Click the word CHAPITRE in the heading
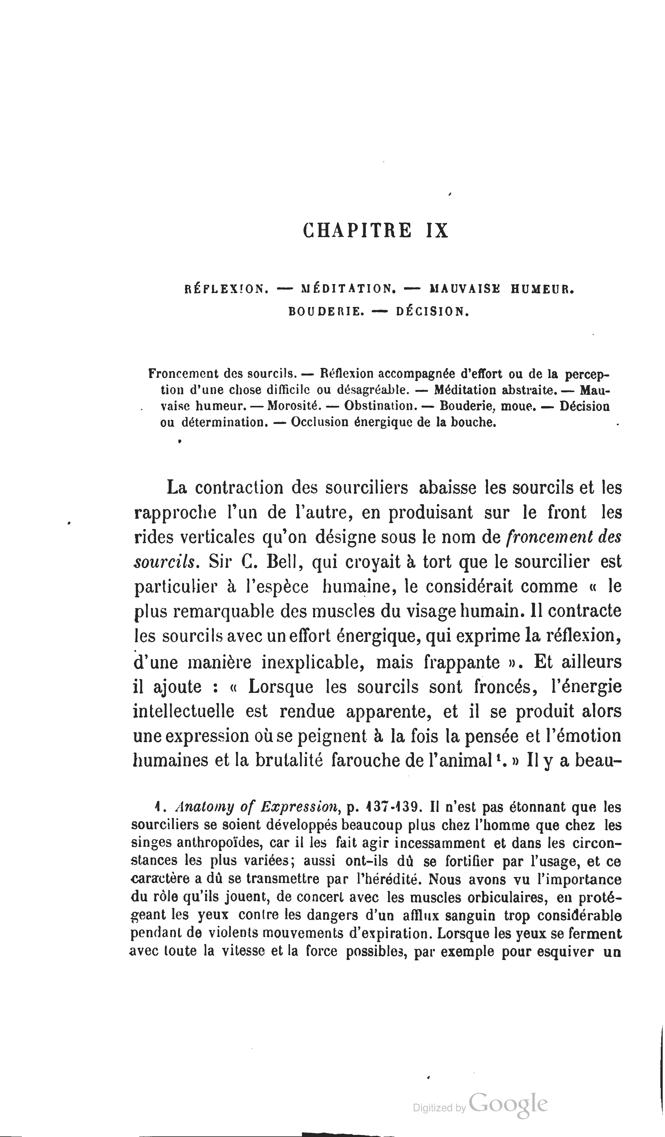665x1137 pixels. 357,231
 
